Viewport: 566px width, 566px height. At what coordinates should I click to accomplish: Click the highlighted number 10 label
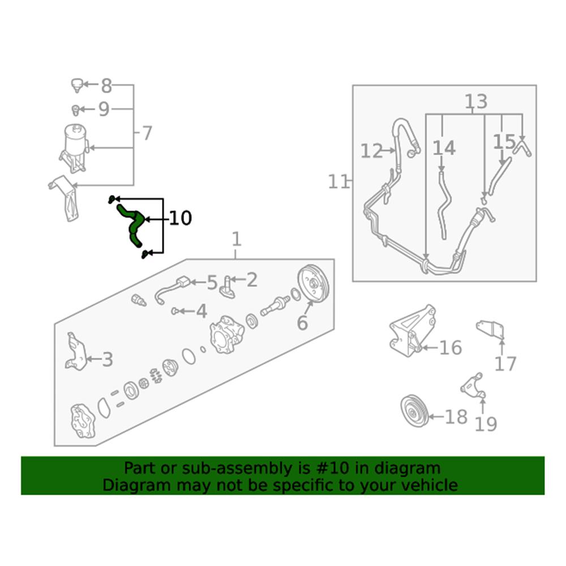180,218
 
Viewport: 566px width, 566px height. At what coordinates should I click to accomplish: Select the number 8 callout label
106,86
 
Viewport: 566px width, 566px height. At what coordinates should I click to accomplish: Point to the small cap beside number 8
76,85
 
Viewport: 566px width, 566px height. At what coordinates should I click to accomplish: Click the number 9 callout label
104,109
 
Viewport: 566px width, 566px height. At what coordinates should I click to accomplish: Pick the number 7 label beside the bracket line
147,133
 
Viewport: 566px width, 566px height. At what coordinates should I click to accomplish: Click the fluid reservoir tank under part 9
75,148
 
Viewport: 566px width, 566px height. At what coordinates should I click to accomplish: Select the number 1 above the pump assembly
237,239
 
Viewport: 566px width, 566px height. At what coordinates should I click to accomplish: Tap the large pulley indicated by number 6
314,284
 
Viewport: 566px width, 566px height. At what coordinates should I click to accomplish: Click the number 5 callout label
212,282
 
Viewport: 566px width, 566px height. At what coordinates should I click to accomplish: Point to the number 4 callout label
201,311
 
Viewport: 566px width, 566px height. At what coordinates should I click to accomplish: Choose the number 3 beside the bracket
108,359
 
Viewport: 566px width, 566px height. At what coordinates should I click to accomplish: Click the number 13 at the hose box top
476,101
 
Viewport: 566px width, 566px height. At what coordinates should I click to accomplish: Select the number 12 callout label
371,151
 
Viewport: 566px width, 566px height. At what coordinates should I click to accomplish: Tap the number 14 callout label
444,148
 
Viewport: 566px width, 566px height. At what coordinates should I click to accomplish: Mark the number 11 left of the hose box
338,182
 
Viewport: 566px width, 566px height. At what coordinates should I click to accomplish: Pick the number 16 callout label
451,348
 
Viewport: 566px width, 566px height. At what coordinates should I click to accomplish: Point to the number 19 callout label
486,424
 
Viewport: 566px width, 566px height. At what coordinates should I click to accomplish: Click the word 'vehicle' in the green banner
430,485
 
